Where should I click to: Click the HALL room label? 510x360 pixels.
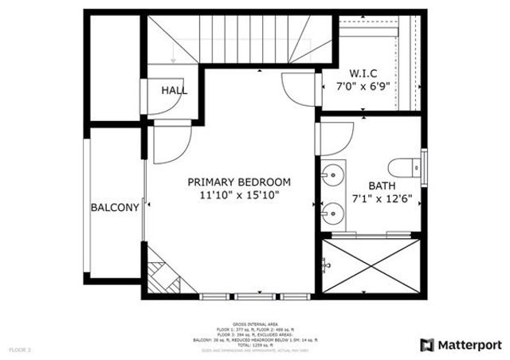point(175,90)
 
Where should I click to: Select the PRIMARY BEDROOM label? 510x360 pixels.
point(239,181)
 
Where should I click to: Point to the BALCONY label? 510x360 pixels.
point(115,207)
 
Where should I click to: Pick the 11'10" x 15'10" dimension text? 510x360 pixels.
point(239,194)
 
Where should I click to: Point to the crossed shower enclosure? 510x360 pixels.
point(371,267)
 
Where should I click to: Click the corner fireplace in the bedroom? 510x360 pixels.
point(160,273)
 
